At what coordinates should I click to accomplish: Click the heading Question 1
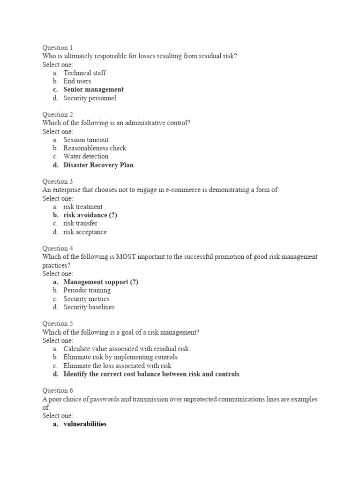pyautogui.click(x=58, y=47)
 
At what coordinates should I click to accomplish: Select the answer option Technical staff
pyautogui.click(x=84, y=73)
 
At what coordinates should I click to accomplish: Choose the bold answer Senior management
pyautogui.click(x=93, y=90)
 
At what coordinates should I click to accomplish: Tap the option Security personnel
pyautogui.click(x=90, y=98)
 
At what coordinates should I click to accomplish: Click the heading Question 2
pyautogui.click(x=58, y=114)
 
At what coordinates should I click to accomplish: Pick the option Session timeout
pyautogui.click(x=86, y=140)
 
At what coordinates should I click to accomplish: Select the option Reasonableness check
pyautogui.click(x=95, y=148)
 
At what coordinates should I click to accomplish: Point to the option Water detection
pyautogui.click(x=86, y=157)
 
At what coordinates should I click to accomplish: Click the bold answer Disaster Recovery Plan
pyautogui.click(x=98, y=165)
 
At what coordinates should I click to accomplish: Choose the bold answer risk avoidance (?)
pyautogui.click(x=90, y=215)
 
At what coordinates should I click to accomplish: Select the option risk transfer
pyautogui.click(x=80, y=224)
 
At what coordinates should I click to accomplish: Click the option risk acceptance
pyautogui.click(x=85, y=232)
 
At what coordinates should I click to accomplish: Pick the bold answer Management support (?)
pyautogui.click(x=101, y=282)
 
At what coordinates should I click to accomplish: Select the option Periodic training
pyautogui.click(x=87, y=291)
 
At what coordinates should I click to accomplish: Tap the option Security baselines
pyautogui.click(x=89, y=307)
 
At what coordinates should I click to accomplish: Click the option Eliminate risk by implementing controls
pyautogui.click(x=120, y=357)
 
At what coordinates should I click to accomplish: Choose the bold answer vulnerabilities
pyautogui.click(x=85, y=424)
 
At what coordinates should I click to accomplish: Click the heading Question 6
pyautogui.click(x=58, y=390)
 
